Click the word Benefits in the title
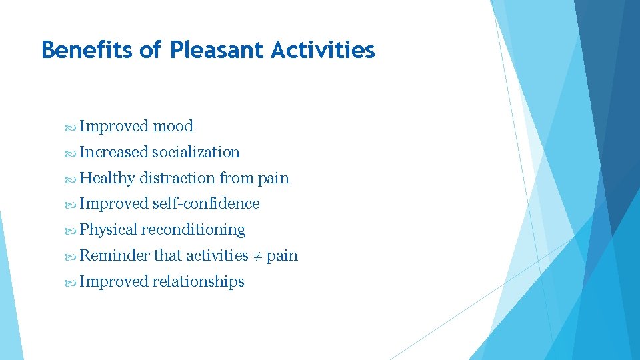[87, 50]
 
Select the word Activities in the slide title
[323, 50]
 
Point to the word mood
[173, 126]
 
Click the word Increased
[113, 152]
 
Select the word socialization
[196, 152]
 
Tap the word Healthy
[107, 178]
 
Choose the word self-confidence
[206, 204]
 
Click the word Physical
[109, 230]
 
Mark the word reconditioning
[193, 230]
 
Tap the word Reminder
[115, 256]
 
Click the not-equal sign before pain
[257, 256]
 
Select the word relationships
[198, 282]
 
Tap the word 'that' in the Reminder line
[168, 256]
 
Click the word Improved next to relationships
[113, 282]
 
